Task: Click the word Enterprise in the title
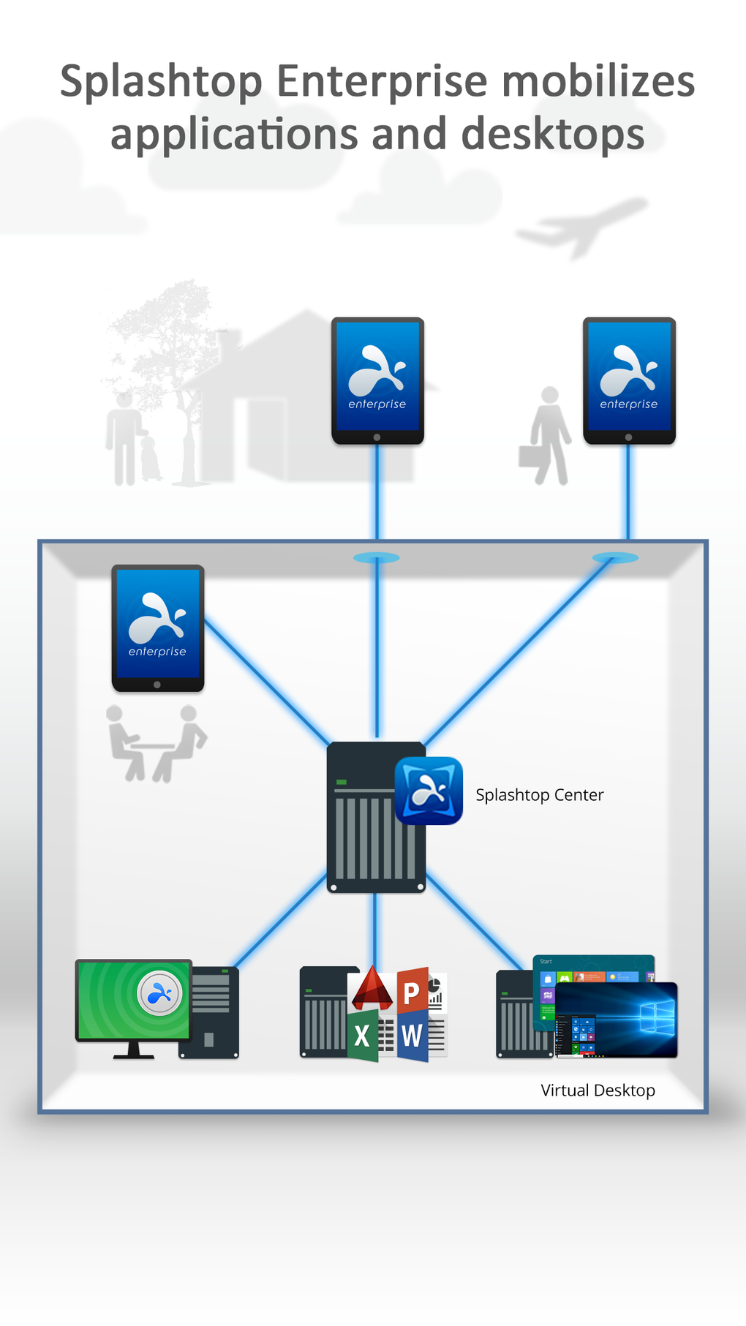(381, 81)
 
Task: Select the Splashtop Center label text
(539, 795)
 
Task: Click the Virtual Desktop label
(598, 1090)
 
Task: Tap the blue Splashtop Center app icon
(429, 791)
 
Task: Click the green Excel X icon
(362, 1036)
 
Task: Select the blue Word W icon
(412, 1036)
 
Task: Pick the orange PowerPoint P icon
(412, 992)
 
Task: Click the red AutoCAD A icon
(372, 989)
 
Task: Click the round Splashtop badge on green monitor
(159, 993)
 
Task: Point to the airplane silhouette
(581, 227)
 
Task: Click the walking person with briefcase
(547, 437)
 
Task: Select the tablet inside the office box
(157, 628)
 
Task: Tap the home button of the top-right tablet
(628, 437)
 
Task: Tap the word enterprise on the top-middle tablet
(377, 404)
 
